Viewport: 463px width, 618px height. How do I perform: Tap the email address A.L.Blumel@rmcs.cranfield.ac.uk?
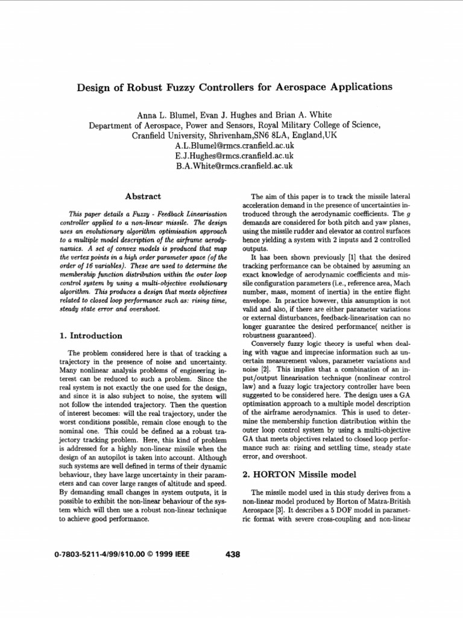tap(234, 146)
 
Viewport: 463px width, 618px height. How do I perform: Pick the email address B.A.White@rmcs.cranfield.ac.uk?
tap(234, 165)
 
